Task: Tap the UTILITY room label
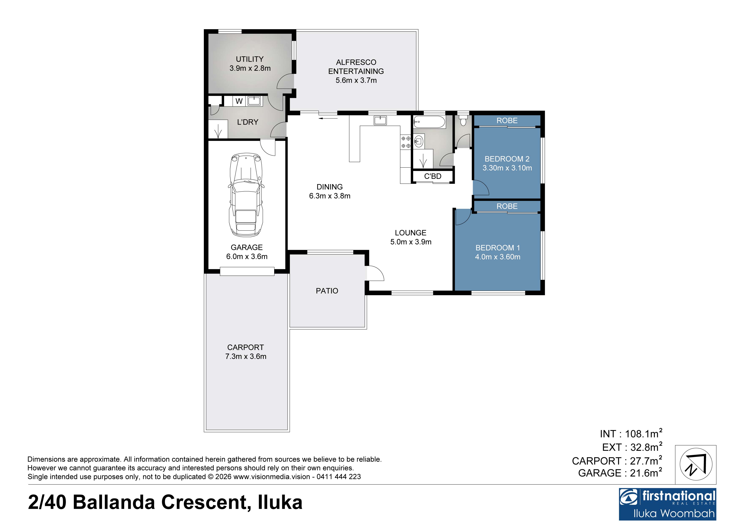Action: [250, 59]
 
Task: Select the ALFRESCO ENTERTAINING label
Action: [356, 67]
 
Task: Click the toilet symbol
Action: [463, 120]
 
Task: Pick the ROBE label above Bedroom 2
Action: [507, 121]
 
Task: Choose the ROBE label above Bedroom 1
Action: [507, 206]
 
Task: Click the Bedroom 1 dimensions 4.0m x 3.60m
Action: [498, 257]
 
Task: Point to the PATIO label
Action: [327, 291]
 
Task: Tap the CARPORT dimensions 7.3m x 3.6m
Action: [246, 357]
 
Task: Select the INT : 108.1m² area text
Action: [631, 434]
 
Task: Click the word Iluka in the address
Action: [280, 503]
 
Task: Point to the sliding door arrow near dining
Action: [328, 118]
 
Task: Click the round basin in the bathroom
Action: [419, 141]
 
